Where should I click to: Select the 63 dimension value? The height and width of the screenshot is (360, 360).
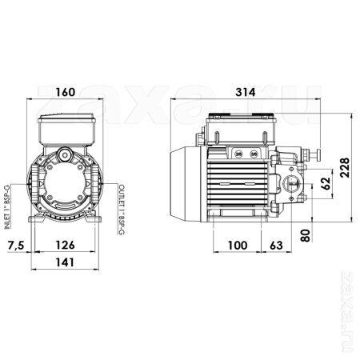click(x=274, y=245)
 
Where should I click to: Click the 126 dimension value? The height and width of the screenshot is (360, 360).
click(x=68, y=245)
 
